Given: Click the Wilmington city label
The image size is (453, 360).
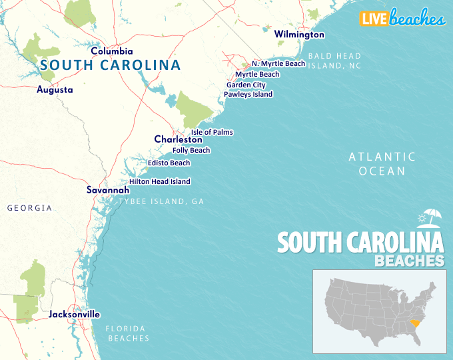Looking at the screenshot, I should tap(299, 34).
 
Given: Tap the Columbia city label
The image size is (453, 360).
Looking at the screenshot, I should tap(112, 51).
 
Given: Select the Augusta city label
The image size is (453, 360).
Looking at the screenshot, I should tap(55, 89).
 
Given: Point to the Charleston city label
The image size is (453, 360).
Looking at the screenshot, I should tap(178, 139).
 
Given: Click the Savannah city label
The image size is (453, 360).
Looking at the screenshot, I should tap(108, 190).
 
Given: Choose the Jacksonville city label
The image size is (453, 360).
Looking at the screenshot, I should tap(74, 314).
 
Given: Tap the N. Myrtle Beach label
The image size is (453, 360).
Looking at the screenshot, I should tap(278, 64).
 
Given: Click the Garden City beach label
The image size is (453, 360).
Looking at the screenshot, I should tap(246, 85).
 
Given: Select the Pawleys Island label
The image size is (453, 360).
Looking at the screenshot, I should tap(248, 94).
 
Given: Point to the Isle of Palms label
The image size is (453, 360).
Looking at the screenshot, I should tap(212, 132).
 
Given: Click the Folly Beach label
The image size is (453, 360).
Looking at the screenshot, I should tap(191, 150).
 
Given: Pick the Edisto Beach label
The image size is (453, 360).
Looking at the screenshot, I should tap(169, 163).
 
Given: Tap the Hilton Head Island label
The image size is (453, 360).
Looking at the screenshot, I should tap(159, 181).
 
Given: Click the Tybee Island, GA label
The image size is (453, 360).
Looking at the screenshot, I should tap(161, 201).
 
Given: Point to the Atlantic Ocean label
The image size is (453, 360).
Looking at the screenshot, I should tap(382, 164).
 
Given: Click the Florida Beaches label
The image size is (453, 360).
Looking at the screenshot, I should tap(129, 333).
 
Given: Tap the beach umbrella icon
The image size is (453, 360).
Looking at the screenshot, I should tap(430, 217).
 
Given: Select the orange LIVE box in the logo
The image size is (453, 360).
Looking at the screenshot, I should tap(374, 19).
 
